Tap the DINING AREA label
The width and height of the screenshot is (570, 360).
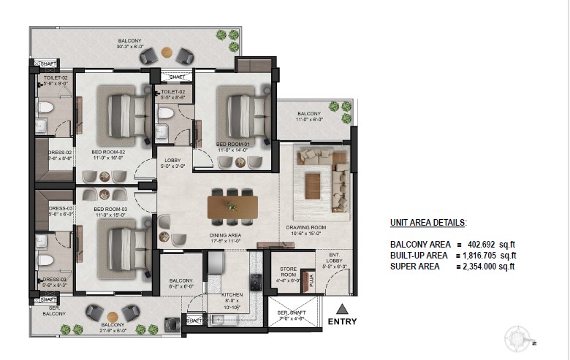(x=225, y=235)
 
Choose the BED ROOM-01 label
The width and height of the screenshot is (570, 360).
(x=234, y=145)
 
